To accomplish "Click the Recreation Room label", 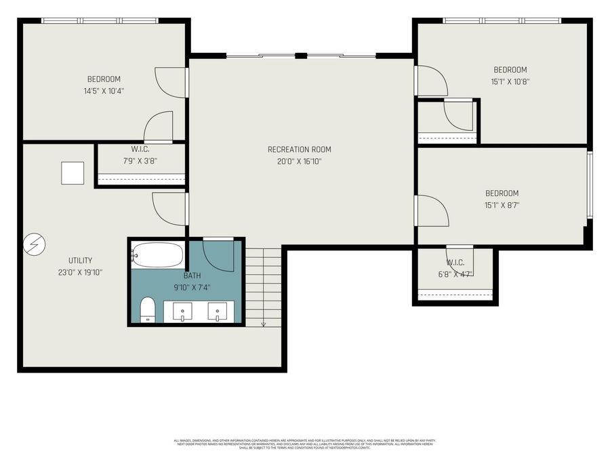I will tap(299, 149).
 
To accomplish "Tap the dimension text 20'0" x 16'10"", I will tap(299, 161).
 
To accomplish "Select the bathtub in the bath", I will tap(157, 255).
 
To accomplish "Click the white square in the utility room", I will tap(73, 173).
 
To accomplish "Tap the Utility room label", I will tap(80, 261).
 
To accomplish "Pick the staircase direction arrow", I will tap(263, 324).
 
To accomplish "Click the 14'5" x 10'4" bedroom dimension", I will tap(104, 90).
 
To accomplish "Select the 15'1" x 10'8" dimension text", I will tap(510, 81).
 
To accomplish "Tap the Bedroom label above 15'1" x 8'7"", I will tap(502, 193).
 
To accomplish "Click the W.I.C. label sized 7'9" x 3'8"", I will tap(140, 149).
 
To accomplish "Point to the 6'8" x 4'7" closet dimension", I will tap(455, 274).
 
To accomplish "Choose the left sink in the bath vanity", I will tap(183, 312).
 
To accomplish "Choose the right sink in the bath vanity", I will tap(218, 312).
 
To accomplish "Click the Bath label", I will tap(192, 275).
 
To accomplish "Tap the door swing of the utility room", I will tap(167, 208).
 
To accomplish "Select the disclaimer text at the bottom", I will tap(305, 443).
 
